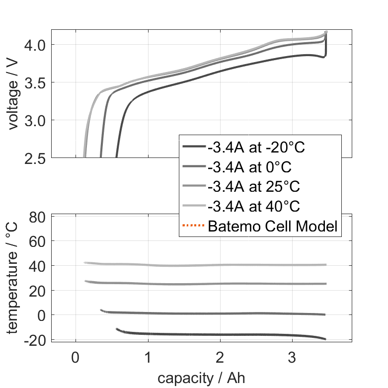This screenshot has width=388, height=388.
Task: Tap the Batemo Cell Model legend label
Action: pyautogui.click(x=273, y=227)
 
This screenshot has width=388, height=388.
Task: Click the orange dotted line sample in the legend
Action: pyautogui.click(x=193, y=227)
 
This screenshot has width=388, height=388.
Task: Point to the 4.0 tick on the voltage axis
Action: pyautogui.click(x=33, y=45)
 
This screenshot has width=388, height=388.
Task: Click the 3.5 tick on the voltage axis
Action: pyautogui.click(x=33, y=82)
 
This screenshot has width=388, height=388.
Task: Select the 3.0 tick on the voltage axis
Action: pyautogui.click(x=33, y=120)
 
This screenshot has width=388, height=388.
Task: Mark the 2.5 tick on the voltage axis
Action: pyautogui.click(x=33, y=158)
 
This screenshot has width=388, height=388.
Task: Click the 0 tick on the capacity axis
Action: pyautogui.click(x=76, y=357)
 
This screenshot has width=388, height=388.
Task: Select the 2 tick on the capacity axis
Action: pyautogui.click(x=220, y=357)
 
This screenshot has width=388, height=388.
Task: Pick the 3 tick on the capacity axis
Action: pyautogui.click(x=293, y=357)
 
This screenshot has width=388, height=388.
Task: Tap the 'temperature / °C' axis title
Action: pyautogui.click(x=13, y=278)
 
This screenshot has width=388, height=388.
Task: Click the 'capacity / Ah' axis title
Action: pyautogui.click(x=201, y=378)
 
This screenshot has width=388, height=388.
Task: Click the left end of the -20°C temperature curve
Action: pyautogui.click(x=117, y=329)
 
